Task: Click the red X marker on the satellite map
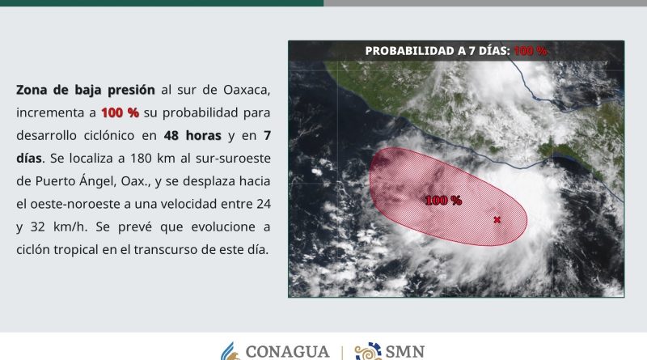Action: pos(497,219)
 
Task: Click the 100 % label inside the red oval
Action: pos(443,201)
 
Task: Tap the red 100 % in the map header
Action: pos(531,51)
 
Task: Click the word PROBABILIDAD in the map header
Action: pos(409,51)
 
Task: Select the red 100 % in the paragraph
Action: pos(120,112)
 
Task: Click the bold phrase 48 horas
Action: pos(192,135)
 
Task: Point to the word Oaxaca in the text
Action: pos(247,91)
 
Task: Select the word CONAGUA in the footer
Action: pos(288,352)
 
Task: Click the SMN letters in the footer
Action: pos(405,352)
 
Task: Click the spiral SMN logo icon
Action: pos(368,351)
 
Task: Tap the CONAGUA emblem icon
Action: pos(230,351)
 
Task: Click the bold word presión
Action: pos(131,90)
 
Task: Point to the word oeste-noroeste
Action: pos(70,204)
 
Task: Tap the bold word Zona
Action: pos(32,90)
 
